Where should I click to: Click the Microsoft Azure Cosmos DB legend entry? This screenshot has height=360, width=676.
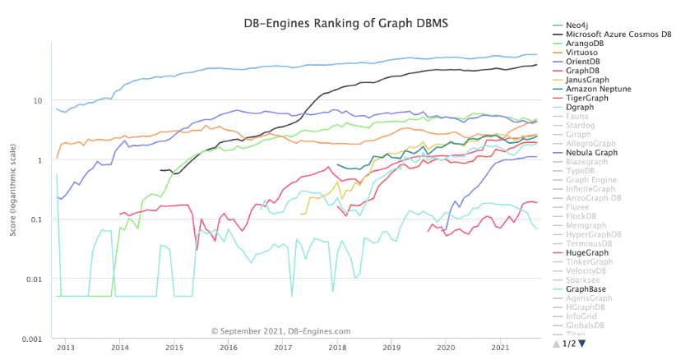pos(613,35)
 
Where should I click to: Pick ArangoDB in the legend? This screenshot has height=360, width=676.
pos(586,44)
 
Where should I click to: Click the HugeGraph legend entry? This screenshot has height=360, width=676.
pos(588,252)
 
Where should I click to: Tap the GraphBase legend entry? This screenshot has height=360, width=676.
pos(588,289)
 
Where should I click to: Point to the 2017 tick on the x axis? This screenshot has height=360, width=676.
pos(284,348)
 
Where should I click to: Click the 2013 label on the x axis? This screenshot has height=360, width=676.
pos(66,348)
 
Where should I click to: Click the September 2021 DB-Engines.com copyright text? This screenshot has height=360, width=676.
pos(280,331)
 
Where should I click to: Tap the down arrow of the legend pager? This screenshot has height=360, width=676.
pos(583,344)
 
